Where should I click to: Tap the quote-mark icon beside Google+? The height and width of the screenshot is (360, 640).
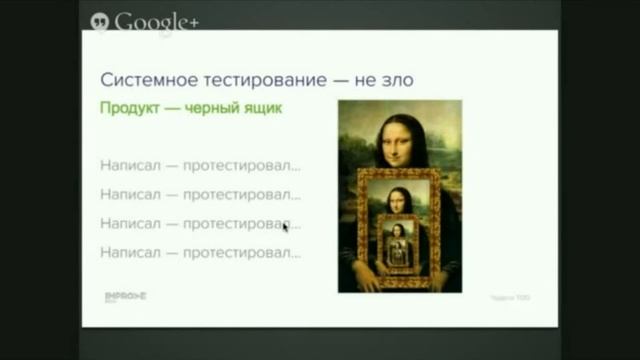(x=100, y=20)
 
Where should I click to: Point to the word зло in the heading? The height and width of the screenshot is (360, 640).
(x=395, y=79)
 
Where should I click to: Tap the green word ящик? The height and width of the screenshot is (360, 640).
(x=261, y=108)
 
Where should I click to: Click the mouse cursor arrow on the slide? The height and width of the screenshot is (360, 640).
(x=285, y=227)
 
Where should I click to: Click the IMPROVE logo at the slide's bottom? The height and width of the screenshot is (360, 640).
(x=126, y=297)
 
